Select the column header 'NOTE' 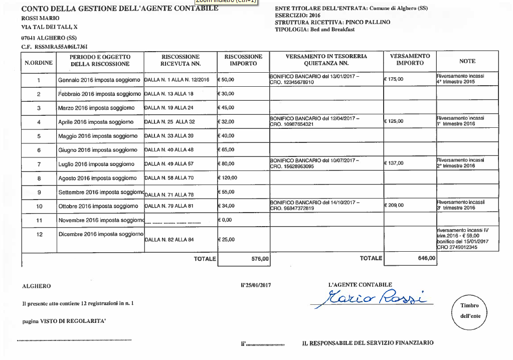tap(467, 61)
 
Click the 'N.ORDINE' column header tap(39, 63)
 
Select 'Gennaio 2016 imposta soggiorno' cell tap(99, 80)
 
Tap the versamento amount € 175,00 tap(394, 79)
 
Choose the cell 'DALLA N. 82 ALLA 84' tap(169, 240)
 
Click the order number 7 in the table tap(39, 164)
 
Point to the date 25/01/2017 tap(256, 285)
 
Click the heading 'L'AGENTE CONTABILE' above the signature tap(360, 285)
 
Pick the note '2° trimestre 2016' tap(456, 166)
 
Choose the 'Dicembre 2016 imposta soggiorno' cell tap(101, 234)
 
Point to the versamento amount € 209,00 tap(394, 205)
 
